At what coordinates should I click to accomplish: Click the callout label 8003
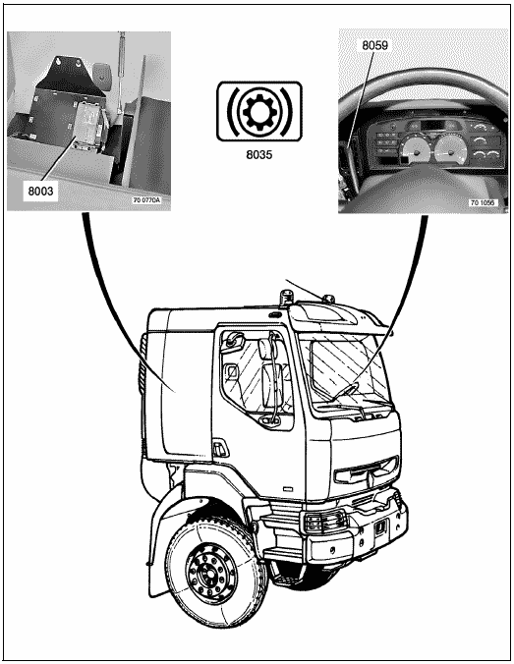coord(40,191)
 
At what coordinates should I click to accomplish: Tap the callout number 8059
coord(374,45)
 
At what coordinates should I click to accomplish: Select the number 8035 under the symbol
coord(258,154)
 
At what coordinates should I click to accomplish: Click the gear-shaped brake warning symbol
coord(259,112)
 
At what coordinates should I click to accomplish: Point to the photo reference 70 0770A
coord(147,199)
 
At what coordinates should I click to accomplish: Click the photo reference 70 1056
coord(482,203)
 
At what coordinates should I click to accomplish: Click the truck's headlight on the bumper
coord(323,523)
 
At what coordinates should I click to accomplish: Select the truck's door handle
coord(219,449)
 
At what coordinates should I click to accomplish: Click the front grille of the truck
coord(367,470)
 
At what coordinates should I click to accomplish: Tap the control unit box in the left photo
coord(89,125)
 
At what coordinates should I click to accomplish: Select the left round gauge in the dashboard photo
coord(416,151)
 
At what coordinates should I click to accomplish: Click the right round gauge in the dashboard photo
coord(450,149)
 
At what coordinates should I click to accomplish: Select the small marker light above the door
coord(276,314)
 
